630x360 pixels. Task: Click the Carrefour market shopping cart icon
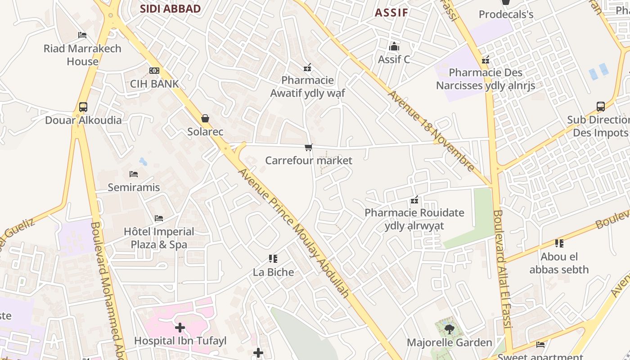click(x=309, y=147)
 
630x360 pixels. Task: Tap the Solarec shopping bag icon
click(x=205, y=118)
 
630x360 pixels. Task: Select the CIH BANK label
click(x=154, y=84)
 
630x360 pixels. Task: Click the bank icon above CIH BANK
click(x=154, y=71)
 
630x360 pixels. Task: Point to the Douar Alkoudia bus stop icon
click(x=83, y=107)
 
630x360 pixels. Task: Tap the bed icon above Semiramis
click(x=134, y=174)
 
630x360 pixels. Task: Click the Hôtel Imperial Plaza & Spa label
click(x=159, y=238)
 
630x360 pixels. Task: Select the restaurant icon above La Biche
click(x=273, y=259)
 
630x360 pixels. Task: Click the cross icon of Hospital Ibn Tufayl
click(x=180, y=328)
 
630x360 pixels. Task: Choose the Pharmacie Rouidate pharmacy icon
click(x=414, y=200)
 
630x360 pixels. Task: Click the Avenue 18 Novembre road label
click(x=432, y=131)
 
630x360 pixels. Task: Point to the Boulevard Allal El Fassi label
click(x=503, y=274)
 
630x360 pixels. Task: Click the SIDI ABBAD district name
click(x=170, y=9)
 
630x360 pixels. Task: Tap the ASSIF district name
click(x=391, y=13)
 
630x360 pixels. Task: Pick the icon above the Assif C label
click(x=394, y=46)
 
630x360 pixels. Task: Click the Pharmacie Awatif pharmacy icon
click(x=308, y=67)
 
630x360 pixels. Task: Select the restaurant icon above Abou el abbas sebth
click(x=559, y=243)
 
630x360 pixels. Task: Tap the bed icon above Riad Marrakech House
click(x=82, y=35)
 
